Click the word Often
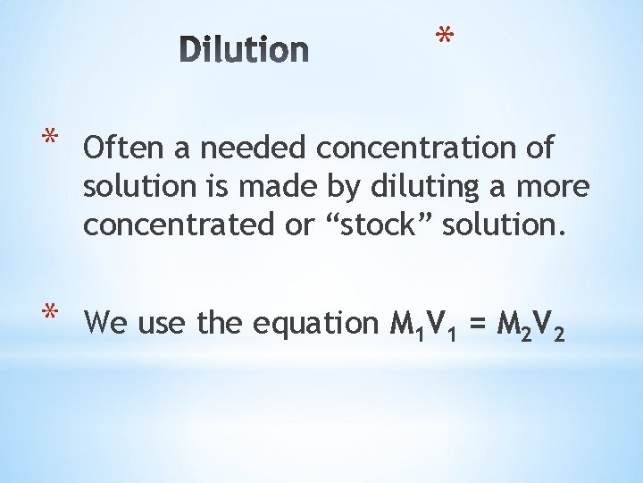120,147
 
